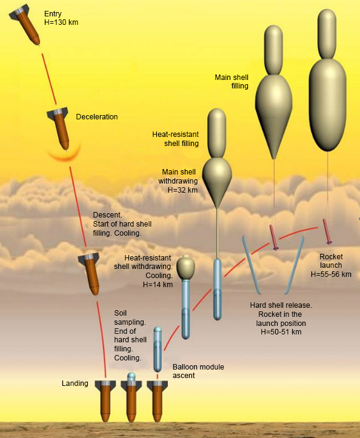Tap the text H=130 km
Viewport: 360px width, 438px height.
[61, 22]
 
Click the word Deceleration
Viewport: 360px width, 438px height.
[97, 117]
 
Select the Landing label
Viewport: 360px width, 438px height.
[75, 383]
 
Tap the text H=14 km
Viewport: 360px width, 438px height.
[158, 284]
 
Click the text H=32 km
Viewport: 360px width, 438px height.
[182, 190]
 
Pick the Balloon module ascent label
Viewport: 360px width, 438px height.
[198, 371]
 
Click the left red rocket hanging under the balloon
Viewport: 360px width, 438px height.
[273, 237]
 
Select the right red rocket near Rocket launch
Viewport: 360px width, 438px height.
[327, 231]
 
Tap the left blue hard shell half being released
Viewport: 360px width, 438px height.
[252, 265]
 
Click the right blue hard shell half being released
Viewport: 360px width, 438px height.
[295, 265]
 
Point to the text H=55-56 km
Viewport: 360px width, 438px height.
[331, 274]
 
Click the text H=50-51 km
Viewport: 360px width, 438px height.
[281, 332]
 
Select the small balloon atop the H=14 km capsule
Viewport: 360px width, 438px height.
[186, 268]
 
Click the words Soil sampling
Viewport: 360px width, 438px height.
[130, 317]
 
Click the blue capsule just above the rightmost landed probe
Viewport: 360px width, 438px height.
[158, 349]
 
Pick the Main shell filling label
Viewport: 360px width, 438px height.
[232, 82]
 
